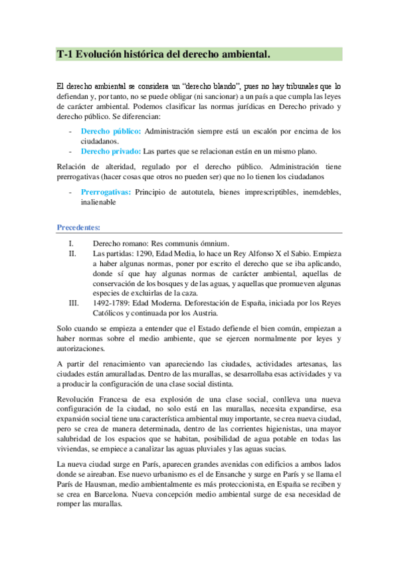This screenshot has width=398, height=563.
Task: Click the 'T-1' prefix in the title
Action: [x=64, y=54]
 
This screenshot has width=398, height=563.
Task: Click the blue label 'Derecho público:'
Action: [x=110, y=131]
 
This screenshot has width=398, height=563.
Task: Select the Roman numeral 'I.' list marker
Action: [x=73, y=244]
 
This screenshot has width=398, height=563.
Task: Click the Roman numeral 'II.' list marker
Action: [x=73, y=254]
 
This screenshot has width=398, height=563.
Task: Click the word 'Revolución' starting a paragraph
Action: [x=77, y=402]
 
